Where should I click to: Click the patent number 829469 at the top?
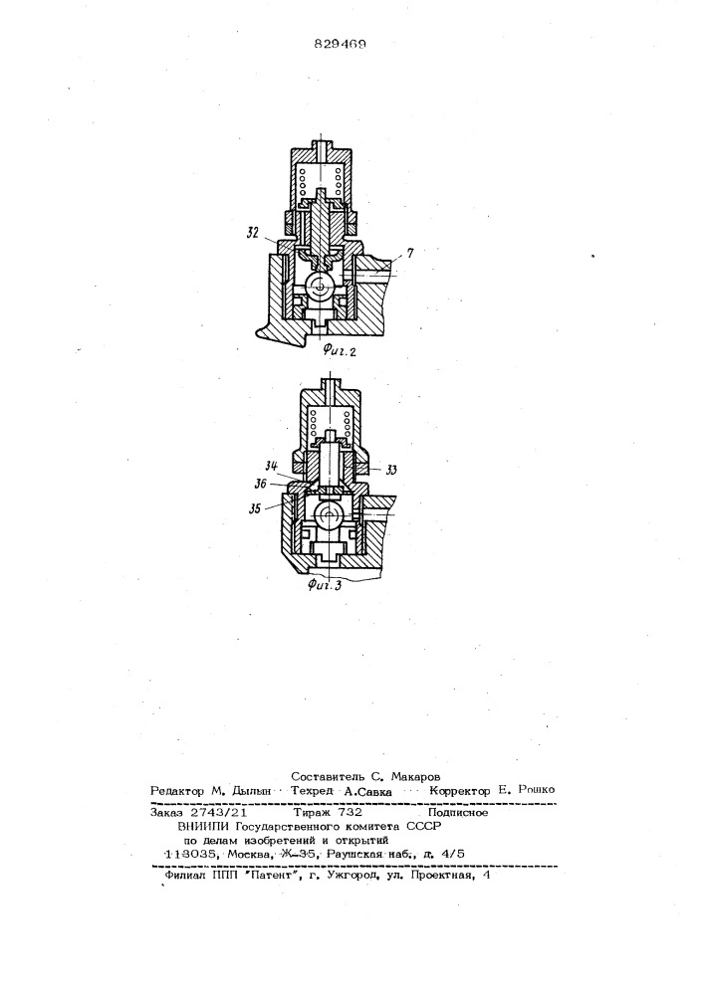coord(340,45)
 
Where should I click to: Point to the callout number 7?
coord(410,253)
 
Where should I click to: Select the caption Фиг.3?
coord(325,584)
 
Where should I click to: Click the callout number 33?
coord(391,470)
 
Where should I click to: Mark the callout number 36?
coord(259,485)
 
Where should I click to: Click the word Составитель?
coord(326,776)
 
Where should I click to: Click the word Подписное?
coord(458,812)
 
